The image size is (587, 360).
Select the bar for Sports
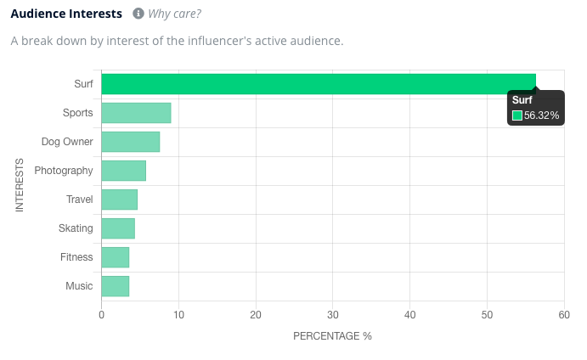click(x=136, y=113)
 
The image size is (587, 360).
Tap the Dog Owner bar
click(x=130, y=142)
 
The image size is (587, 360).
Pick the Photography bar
click(x=123, y=171)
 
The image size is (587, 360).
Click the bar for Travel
click(x=119, y=200)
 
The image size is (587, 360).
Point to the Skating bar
click(x=118, y=228)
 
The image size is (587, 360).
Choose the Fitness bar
click(x=115, y=257)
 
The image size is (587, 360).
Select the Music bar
click(x=115, y=286)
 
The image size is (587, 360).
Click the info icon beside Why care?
click(x=138, y=14)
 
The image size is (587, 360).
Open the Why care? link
click(x=175, y=14)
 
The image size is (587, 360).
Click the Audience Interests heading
click(x=66, y=14)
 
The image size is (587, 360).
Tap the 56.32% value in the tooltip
click(x=542, y=115)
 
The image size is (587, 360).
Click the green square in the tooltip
click(x=516, y=115)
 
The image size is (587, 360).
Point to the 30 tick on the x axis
click(x=332, y=315)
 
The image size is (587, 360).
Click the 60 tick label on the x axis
click(x=563, y=315)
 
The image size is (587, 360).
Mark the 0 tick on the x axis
click(x=101, y=315)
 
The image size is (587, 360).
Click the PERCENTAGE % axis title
click(x=332, y=336)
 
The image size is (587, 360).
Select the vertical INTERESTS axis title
click(x=20, y=185)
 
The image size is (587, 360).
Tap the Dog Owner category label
click(x=67, y=142)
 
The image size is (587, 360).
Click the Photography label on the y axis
click(x=64, y=171)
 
